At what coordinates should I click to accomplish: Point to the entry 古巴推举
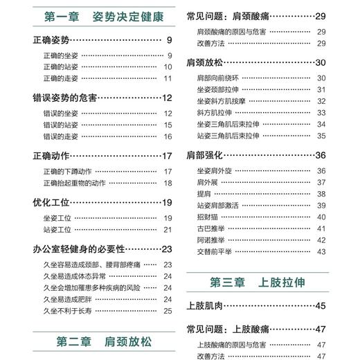[210, 228]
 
